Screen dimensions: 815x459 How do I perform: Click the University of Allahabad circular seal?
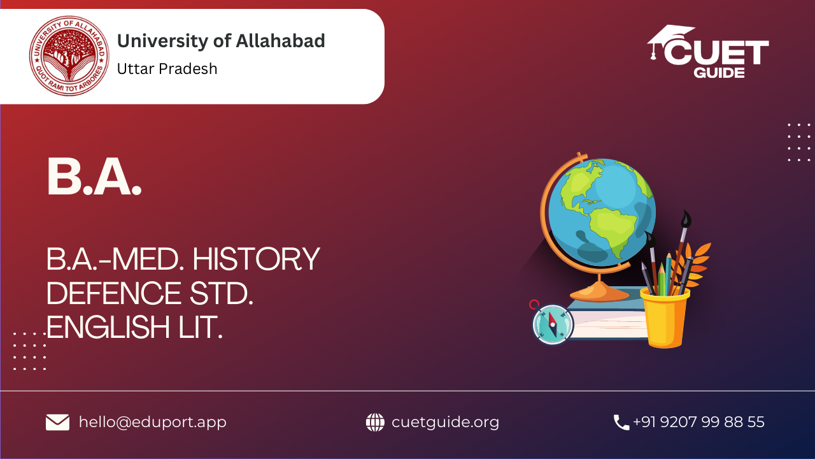[x=69, y=55]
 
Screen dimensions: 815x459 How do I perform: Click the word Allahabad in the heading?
[x=280, y=40]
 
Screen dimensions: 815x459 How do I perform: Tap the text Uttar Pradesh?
[x=167, y=68]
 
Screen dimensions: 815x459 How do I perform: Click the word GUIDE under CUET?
[x=719, y=73]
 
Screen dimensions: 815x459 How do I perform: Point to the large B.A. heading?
[x=94, y=177]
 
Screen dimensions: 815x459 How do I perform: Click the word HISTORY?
[x=256, y=259]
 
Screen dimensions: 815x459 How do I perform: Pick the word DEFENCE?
[x=113, y=293]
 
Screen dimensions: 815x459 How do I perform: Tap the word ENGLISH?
[x=108, y=327]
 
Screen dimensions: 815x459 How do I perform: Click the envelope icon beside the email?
[x=57, y=422]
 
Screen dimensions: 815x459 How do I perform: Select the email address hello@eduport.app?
[x=152, y=422]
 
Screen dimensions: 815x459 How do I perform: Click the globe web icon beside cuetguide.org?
[x=375, y=422]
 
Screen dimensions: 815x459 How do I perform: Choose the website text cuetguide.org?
[x=445, y=422]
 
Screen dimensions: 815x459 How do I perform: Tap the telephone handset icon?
[x=621, y=423]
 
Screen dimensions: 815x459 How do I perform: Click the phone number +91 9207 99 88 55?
[x=698, y=422]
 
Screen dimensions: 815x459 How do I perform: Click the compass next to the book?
[x=553, y=324]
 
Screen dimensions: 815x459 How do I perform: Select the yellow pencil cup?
[x=665, y=317]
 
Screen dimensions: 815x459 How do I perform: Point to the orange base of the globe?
[x=600, y=292]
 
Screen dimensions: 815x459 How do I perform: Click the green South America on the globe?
[x=613, y=229]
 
